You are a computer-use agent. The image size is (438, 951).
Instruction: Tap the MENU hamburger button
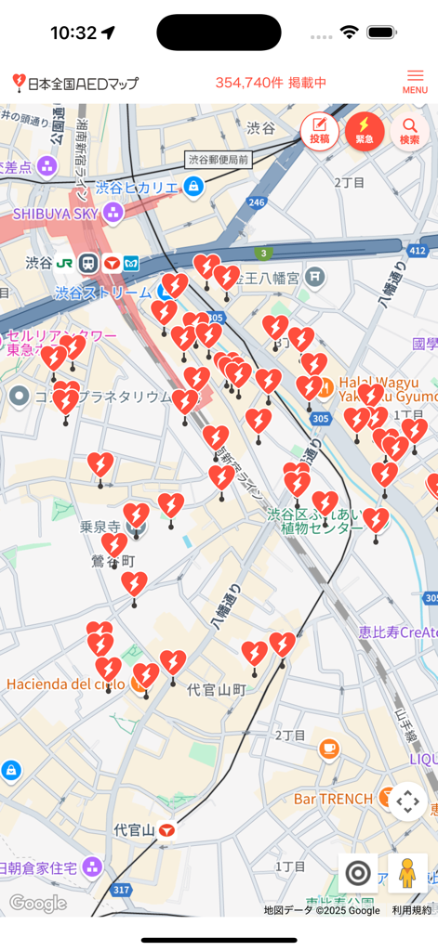point(415,82)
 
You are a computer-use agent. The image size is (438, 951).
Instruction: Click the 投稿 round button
point(319,131)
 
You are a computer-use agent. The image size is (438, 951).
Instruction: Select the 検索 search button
point(409,131)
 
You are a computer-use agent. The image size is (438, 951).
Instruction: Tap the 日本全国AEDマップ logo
point(76,84)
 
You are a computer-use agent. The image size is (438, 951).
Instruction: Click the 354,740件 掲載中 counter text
point(271,83)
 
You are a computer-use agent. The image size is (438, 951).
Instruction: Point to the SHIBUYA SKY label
point(56,214)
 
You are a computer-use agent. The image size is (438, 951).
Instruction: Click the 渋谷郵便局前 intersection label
point(219,160)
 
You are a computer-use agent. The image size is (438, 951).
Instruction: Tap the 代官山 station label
point(134,829)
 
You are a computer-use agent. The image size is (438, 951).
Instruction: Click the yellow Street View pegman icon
point(406,873)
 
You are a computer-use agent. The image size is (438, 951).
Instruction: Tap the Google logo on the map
point(38,903)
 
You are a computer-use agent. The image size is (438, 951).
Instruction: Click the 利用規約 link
point(411,910)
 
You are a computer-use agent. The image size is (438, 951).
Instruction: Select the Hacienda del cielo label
point(65,684)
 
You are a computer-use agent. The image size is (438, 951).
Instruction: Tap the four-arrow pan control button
point(408,801)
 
